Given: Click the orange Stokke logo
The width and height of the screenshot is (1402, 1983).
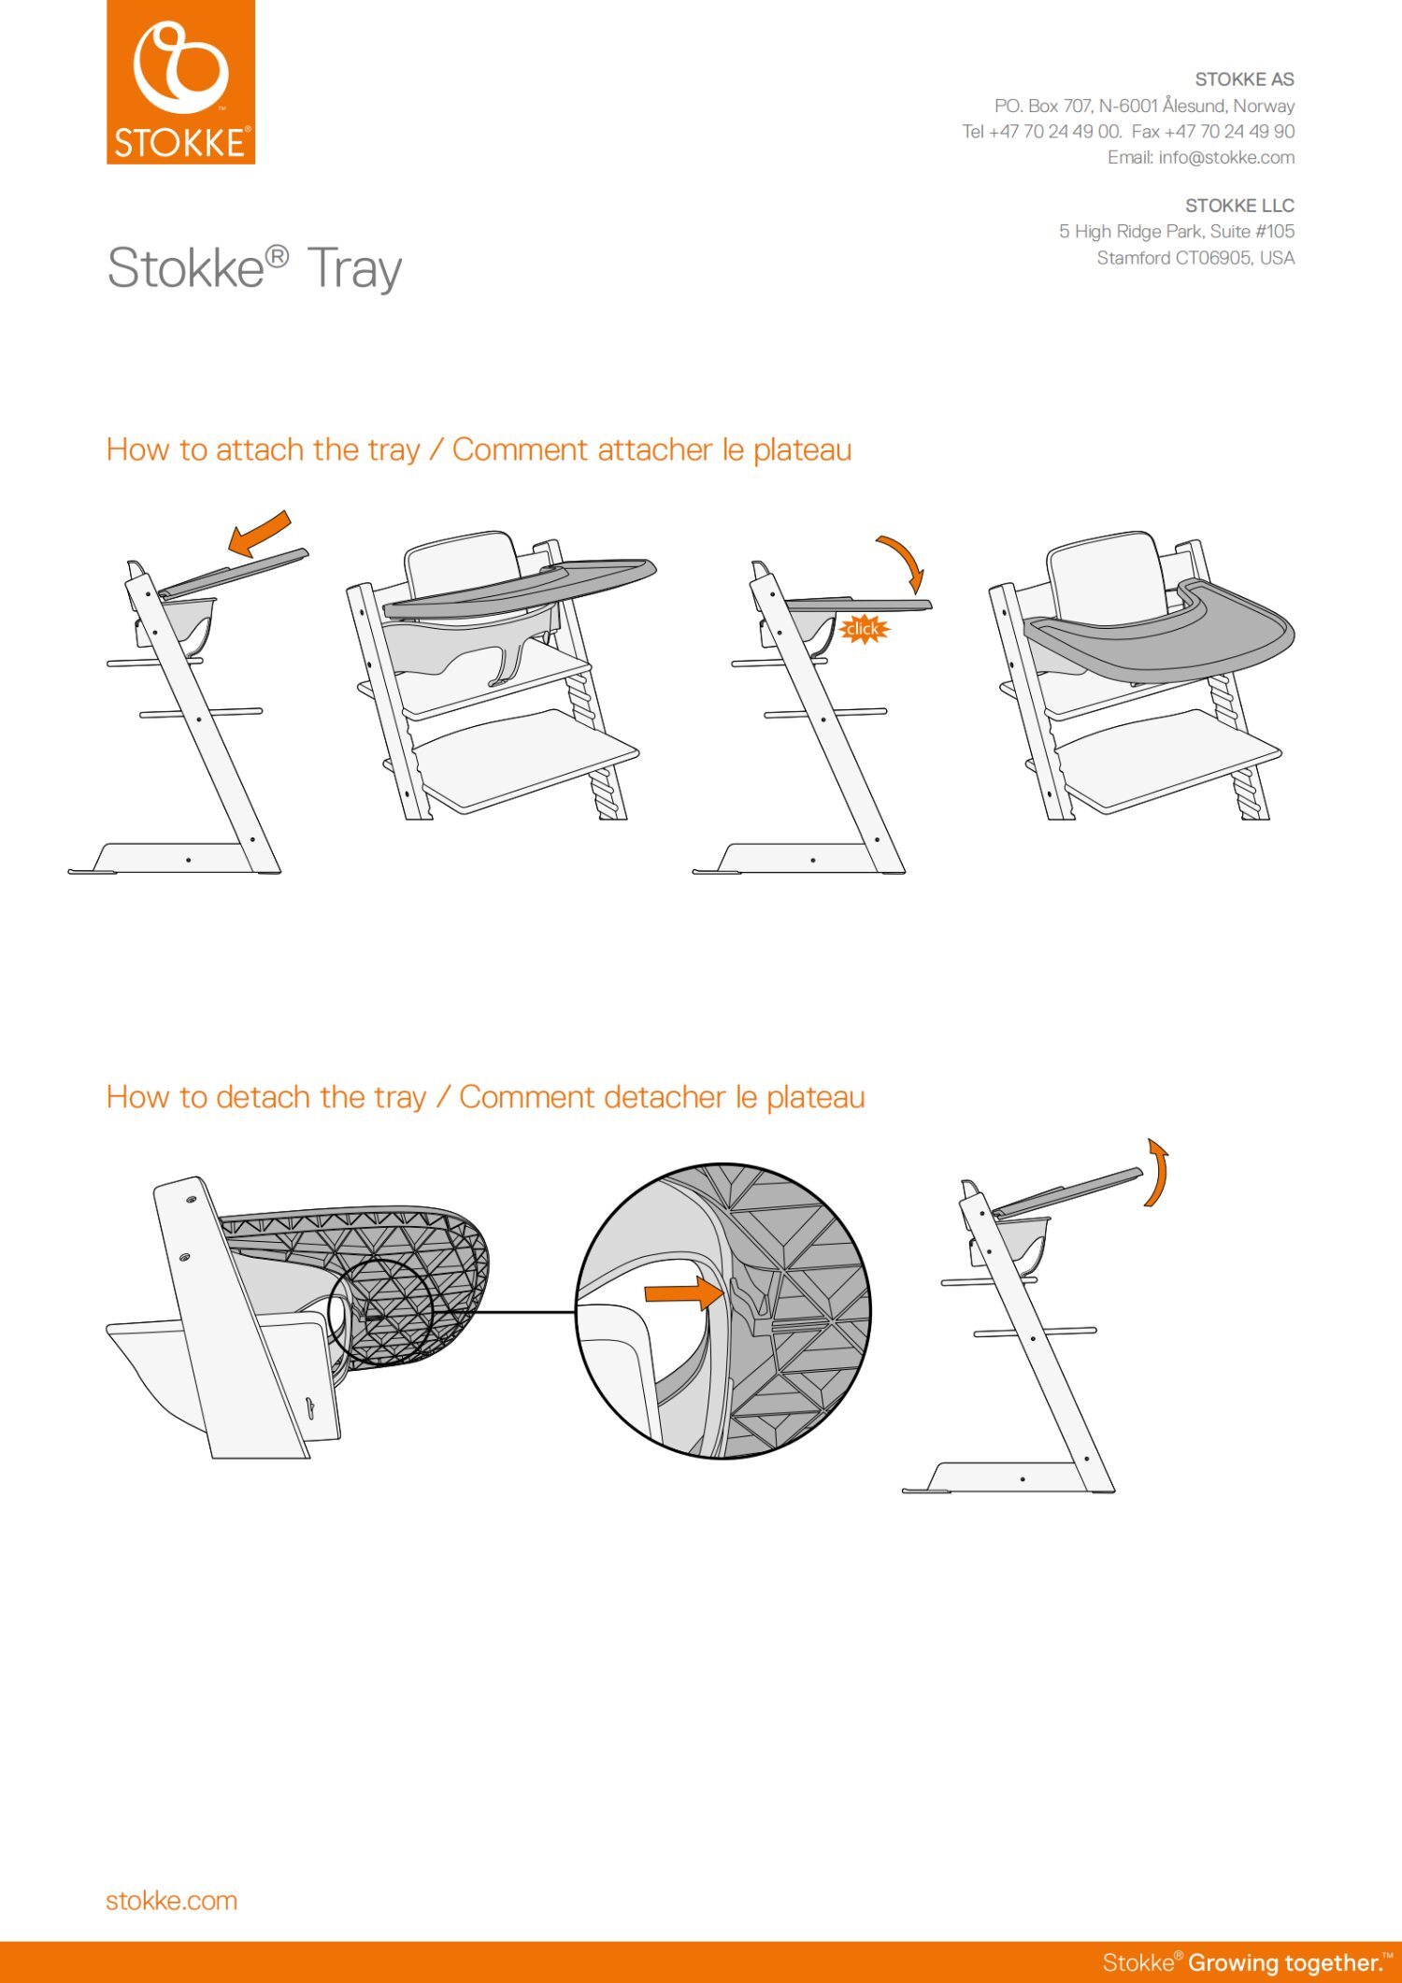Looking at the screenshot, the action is click(180, 82).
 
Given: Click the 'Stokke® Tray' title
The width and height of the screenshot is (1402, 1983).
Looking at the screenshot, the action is click(254, 268).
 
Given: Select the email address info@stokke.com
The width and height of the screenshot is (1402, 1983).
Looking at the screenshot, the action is click(1226, 157).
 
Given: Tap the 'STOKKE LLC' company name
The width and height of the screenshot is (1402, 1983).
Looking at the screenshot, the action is click(1239, 206).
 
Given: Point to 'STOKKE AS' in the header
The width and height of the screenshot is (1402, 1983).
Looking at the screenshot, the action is click(1244, 79).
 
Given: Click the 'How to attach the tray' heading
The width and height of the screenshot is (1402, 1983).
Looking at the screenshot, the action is click(264, 449).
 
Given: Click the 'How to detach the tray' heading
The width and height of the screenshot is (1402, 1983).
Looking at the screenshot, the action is click(266, 1097).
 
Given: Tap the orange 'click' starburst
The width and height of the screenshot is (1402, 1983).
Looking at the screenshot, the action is click(863, 629).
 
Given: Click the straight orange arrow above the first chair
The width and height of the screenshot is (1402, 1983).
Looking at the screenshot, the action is click(260, 534).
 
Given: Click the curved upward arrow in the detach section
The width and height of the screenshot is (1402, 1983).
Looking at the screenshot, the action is click(1161, 1172).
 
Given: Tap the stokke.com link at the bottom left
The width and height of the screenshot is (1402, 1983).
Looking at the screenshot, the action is click(172, 1901).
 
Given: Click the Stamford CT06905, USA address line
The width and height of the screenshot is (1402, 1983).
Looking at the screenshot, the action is click(1195, 258).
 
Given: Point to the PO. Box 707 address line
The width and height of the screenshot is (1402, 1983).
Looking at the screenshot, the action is click(1144, 106).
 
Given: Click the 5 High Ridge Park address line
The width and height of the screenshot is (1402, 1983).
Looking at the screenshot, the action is click(1177, 232).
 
